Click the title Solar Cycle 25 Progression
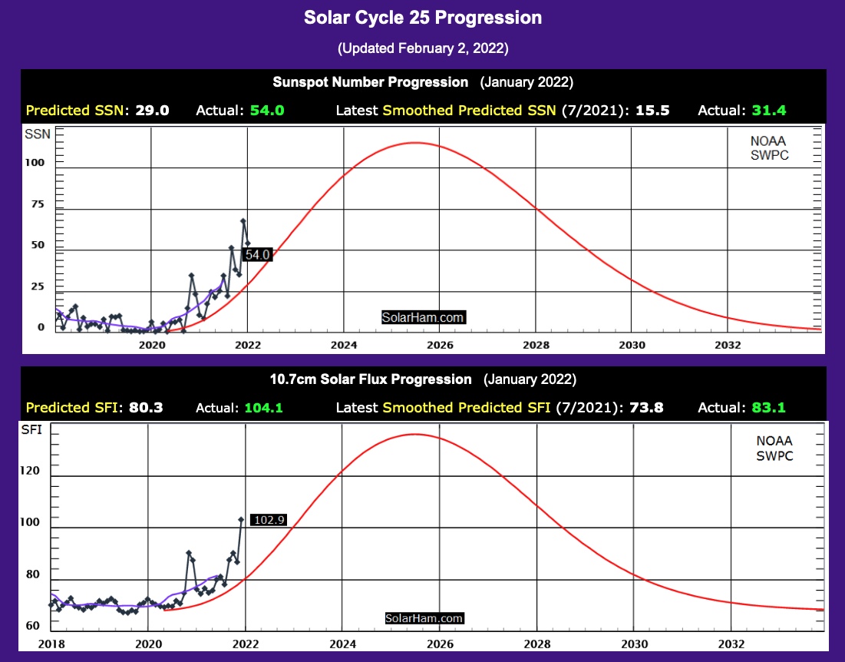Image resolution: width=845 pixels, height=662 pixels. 423,18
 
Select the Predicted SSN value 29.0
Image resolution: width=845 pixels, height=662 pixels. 152,110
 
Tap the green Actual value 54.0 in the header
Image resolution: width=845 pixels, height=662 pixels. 267,110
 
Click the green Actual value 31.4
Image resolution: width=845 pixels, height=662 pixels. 768,110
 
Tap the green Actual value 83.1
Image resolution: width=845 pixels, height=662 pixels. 768,408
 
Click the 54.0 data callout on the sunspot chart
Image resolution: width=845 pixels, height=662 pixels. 257,254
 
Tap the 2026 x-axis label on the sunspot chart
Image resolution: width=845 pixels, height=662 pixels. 440,345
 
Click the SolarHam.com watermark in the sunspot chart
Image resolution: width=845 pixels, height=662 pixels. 424,316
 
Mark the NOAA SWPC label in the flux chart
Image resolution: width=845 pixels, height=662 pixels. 774,449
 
